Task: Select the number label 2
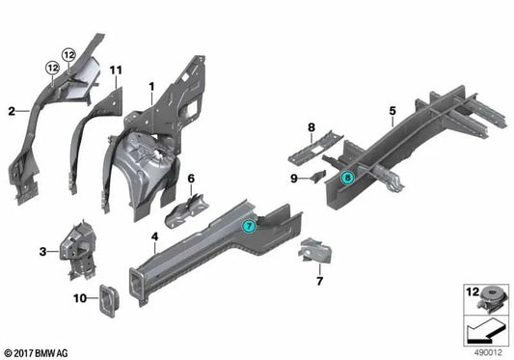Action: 11,111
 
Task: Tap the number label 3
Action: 42,252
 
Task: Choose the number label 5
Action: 392,111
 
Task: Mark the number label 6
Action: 191,178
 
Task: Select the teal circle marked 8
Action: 348,177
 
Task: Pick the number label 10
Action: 80,295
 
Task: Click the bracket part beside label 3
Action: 73,250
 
